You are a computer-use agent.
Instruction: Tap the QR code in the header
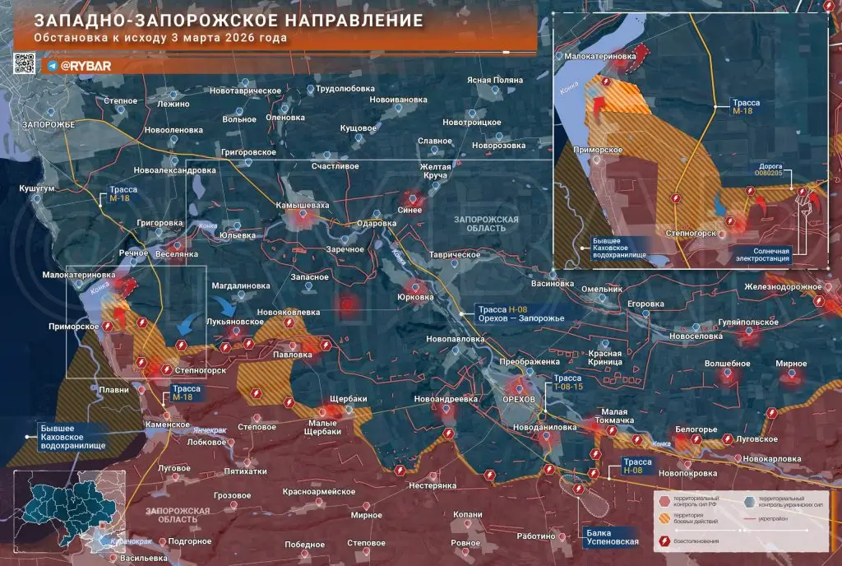pos(25,63)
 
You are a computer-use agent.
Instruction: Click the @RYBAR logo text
pos(79,65)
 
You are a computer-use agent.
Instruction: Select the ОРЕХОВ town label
pos(518,399)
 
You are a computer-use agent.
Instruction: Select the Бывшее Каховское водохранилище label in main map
pos(72,434)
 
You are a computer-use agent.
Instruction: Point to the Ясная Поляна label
pos(496,80)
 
